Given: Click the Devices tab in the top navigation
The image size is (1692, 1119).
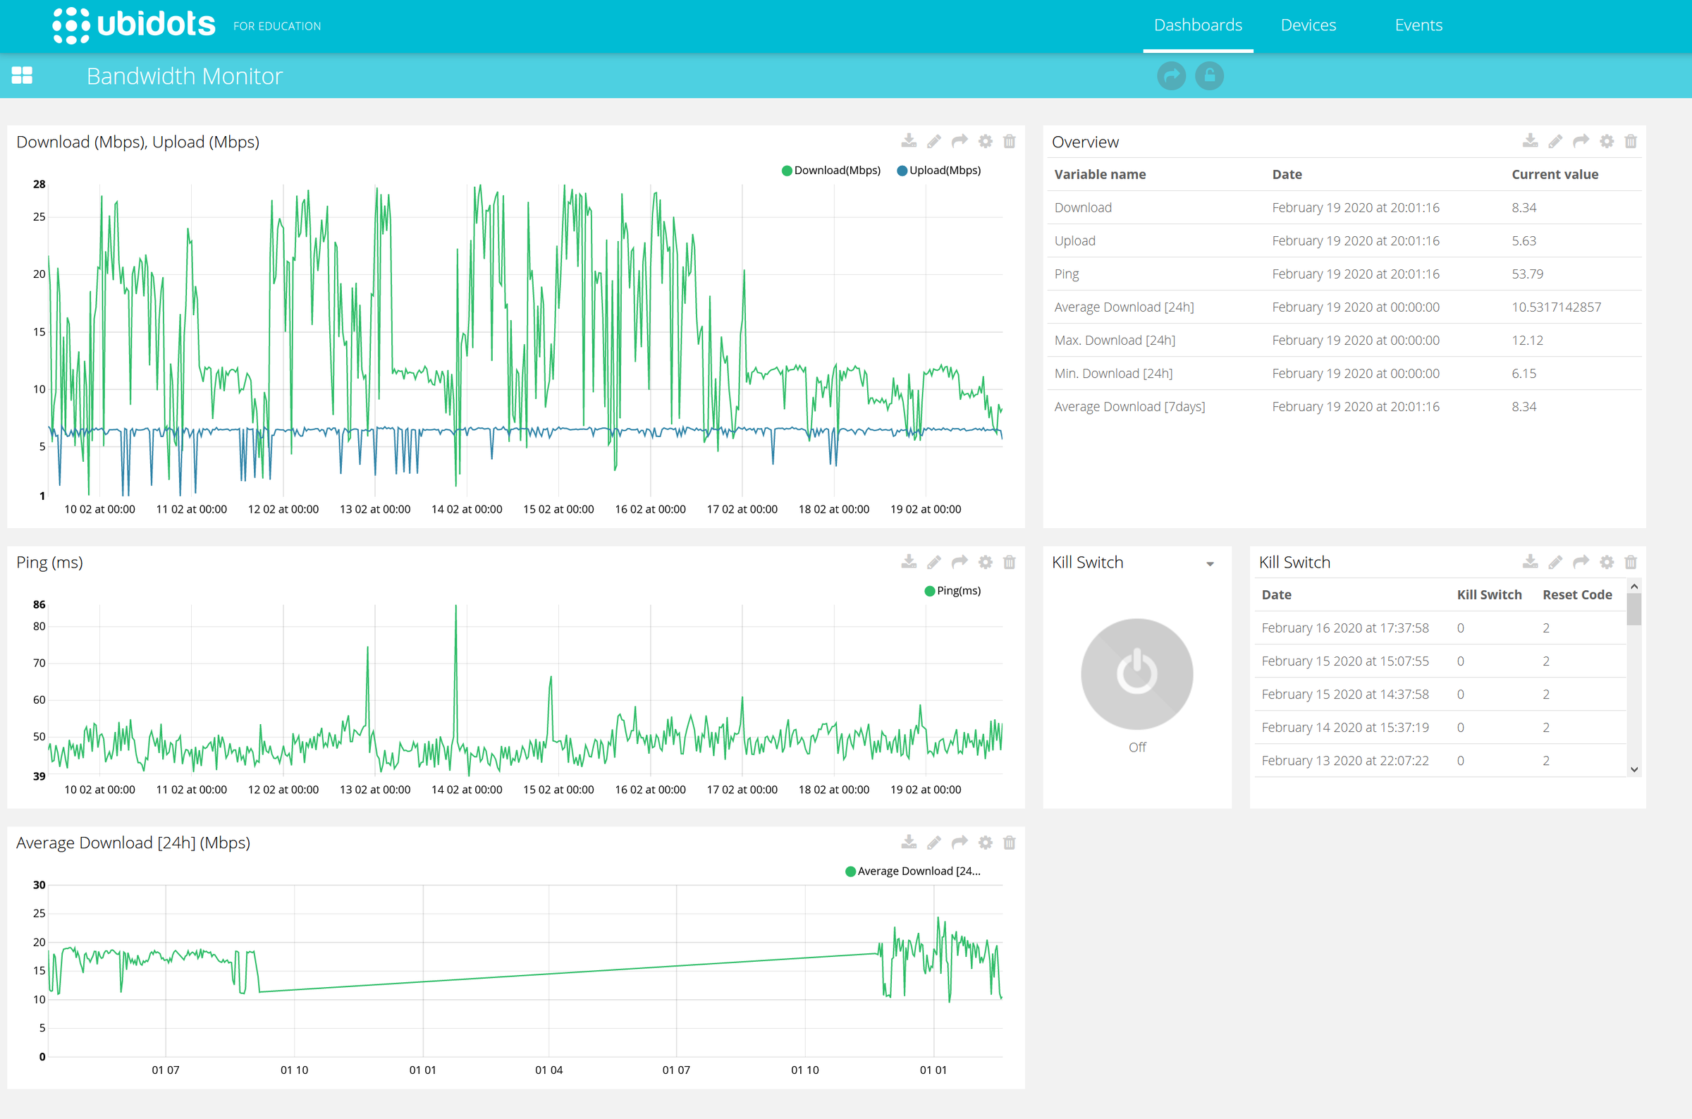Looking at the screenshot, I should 1308,25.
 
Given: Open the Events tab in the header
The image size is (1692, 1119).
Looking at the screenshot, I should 1418,25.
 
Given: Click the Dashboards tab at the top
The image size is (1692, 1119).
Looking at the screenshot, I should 1198,25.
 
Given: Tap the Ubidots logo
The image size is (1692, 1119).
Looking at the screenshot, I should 134,25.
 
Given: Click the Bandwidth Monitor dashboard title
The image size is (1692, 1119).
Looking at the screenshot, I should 185,76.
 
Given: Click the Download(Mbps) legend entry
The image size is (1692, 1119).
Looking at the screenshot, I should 831,171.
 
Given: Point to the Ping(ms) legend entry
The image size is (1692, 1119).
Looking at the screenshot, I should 952,591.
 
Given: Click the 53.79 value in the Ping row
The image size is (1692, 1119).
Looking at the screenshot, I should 1527,274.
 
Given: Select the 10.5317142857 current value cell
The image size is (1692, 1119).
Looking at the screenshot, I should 1556,307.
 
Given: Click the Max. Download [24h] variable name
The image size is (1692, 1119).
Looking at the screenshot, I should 1114,341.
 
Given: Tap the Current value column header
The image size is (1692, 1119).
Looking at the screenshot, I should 1555,175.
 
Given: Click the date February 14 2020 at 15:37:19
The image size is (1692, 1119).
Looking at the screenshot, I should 1344,728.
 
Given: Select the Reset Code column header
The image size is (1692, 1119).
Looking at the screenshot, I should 1576,595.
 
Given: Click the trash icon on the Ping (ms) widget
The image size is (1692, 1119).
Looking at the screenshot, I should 1009,563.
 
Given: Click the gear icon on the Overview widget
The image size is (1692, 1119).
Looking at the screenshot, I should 1606,141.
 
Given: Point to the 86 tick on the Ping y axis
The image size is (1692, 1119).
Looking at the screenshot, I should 39,605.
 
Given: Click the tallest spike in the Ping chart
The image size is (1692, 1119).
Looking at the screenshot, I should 456,608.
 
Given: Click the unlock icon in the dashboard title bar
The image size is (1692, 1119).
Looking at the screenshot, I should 1209,75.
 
